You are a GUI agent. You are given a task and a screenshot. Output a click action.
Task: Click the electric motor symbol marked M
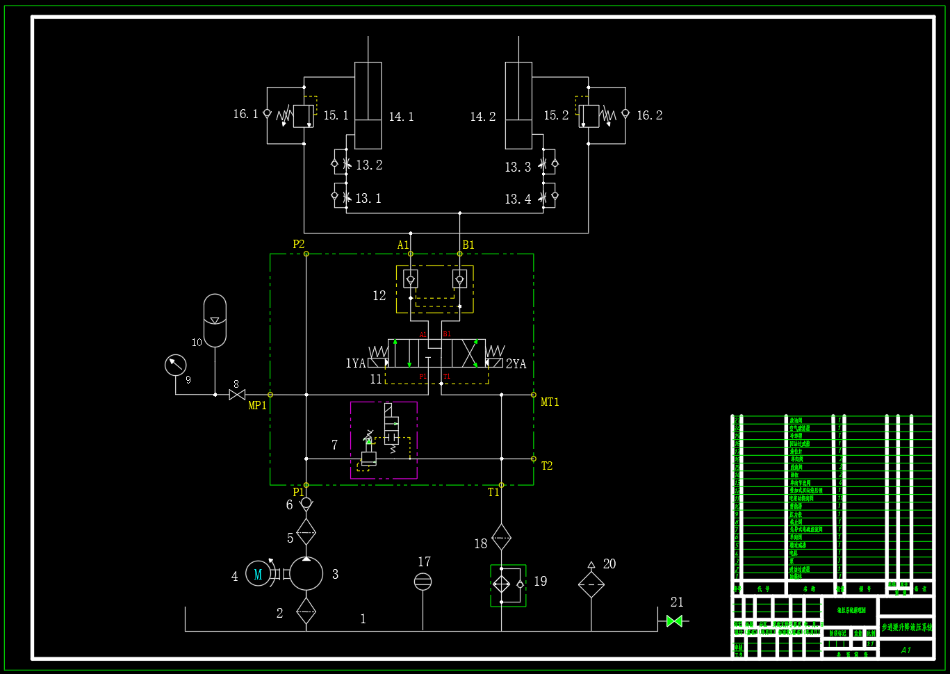pos(258,574)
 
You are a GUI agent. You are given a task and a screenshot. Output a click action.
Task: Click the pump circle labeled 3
pos(306,574)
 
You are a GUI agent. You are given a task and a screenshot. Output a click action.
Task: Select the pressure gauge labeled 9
pos(176,365)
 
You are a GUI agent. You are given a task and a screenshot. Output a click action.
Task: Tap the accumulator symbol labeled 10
pos(215,320)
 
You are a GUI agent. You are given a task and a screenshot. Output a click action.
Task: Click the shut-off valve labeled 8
pos(237,395)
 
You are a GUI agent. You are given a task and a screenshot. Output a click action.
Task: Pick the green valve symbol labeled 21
pos(674,620)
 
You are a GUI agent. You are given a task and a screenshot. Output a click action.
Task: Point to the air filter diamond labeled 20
pos(591,584)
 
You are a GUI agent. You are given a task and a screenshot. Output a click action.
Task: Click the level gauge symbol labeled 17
pos(423,582)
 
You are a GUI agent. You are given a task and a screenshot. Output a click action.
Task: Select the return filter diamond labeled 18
pos(501,537)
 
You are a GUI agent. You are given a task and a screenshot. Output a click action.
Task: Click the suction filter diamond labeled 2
pos(306,611)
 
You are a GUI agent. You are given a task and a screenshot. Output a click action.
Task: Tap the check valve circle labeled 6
pos(306,502)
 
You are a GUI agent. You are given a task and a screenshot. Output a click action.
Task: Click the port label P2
pos(299,244)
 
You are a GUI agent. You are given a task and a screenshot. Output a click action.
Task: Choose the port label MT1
pos(550,402)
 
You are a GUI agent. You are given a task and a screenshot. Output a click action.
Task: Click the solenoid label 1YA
pos(355,363)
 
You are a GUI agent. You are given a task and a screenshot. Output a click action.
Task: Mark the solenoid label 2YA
pos(516,364)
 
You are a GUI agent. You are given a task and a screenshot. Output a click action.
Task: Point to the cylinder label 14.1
pos(401,117)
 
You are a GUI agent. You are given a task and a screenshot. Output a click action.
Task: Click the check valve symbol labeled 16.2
pos(625,113)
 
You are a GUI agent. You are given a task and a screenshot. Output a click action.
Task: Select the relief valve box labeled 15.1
pos(303,116)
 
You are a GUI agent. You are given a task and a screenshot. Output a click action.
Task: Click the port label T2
pos(547,466)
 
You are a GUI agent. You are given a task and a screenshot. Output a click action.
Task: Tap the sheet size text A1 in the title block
pos(906,650)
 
